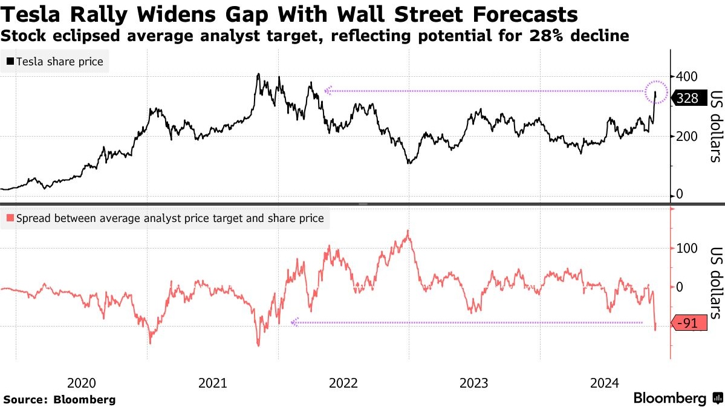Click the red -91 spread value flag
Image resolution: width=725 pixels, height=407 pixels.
click(x=689, y=324)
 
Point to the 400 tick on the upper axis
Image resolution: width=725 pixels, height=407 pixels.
click(x=686, y=76)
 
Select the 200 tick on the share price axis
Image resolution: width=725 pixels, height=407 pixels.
click(x=686, y=137)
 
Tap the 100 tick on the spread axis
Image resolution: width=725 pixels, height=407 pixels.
click(x=687, y=248)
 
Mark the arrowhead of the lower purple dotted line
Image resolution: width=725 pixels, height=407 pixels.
click(x=294, y=322)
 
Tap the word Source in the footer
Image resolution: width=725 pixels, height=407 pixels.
click(x=25, y=400)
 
